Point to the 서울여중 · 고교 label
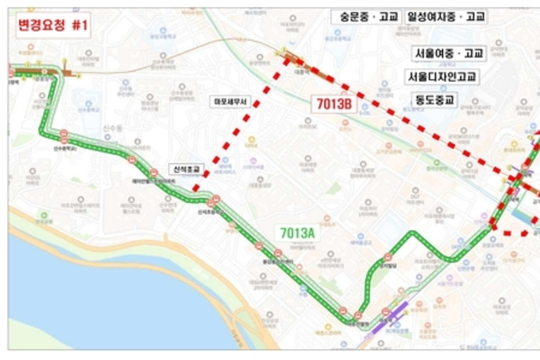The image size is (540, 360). [448, 54]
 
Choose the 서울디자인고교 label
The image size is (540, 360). [442, 77]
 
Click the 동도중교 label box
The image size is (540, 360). [434, 100]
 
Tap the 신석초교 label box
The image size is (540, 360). [187, 169]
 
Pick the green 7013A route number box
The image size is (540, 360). [297, 232]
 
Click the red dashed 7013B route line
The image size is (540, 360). [239, 127]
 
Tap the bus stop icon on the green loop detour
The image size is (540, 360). [388, 257]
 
